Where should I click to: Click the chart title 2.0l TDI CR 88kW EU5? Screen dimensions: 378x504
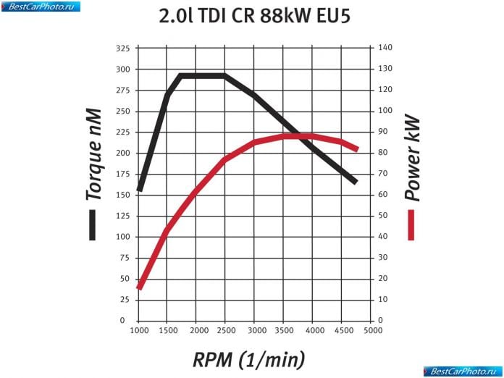tap(254, 16)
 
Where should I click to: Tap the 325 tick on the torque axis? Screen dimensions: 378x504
tap(122, 48)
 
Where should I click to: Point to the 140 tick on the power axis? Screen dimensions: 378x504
tap(385, 48)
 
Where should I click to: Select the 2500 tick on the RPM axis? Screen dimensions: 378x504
tap(225, 331)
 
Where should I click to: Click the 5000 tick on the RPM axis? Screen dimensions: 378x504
tap(371, 331)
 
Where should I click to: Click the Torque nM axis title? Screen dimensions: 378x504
tap(93, 154)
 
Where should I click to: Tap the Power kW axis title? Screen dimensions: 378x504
tap(412, 157)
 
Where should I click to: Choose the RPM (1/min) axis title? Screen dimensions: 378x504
tap(248, 358)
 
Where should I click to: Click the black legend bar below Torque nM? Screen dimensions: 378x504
tap(93, 225)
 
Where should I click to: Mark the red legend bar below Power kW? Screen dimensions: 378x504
tap(412, 225)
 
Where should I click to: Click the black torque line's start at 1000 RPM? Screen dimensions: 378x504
tap(139, 190)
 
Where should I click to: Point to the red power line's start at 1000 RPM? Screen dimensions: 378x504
tap(139, 287)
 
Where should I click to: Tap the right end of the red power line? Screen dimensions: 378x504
tap(356, 149)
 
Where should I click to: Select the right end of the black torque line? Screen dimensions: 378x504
tap(356, 182)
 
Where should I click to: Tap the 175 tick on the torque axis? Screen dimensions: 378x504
tap(122, 174)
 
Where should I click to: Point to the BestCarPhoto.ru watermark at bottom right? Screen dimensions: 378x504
tap(463, 371)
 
